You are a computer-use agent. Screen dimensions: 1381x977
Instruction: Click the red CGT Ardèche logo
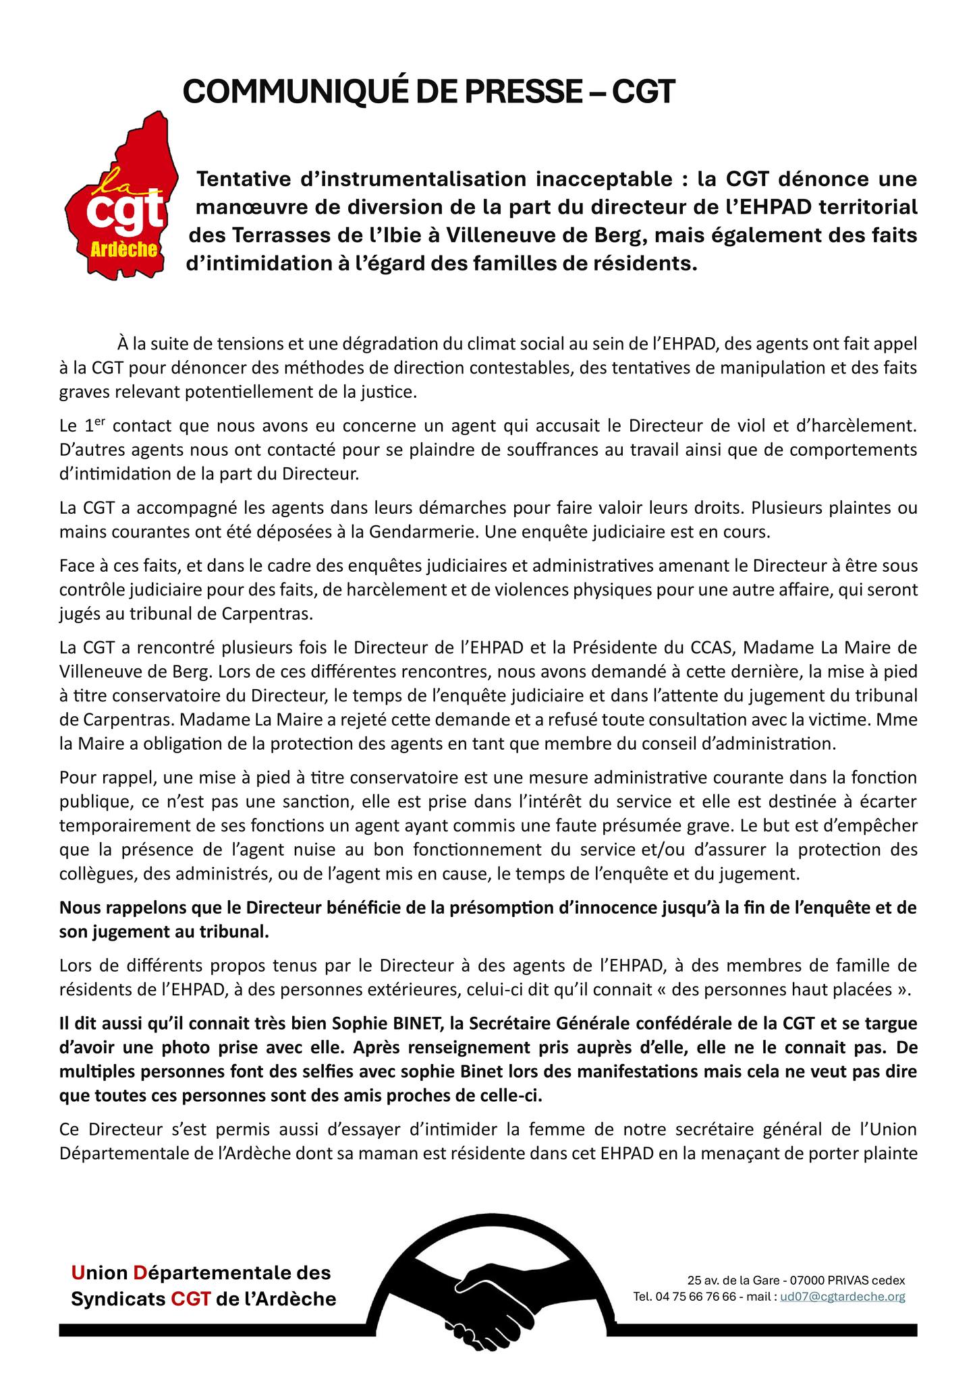(x=120, y=196)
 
